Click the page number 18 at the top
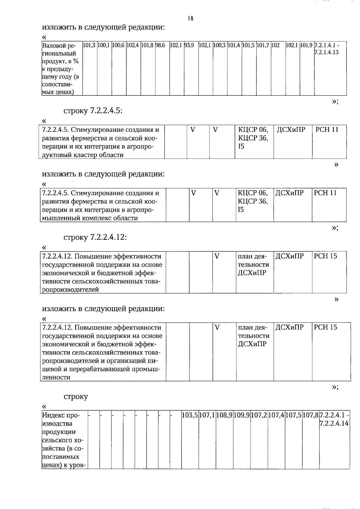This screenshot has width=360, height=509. coord(190,19)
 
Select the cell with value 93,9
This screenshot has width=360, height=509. coord(189,46)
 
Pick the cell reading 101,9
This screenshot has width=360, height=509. coord(307,46)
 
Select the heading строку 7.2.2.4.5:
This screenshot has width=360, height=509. coord(93,111)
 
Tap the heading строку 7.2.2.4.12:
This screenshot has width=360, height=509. coord(95,237)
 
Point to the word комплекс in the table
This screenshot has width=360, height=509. coord(97,218)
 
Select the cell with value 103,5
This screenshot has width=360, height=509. coord(190,415)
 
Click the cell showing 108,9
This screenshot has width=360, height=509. coord(224,415)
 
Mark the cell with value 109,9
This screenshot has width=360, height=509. coord(242,415)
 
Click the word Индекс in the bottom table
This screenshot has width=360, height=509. coord(52,415)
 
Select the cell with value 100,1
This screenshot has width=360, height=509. coord(104,46)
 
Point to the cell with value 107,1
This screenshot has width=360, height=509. coord(207,415)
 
